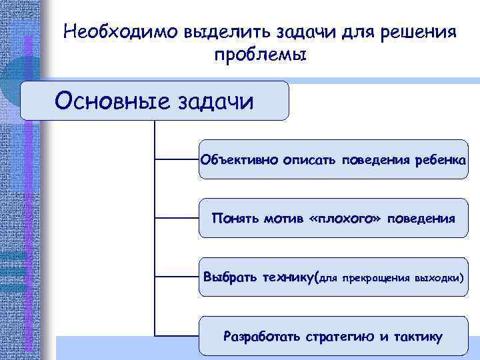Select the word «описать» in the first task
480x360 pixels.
click(310, 160)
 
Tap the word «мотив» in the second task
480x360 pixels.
click(283, 218)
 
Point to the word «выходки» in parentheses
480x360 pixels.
click(439, 277)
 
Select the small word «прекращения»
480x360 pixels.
click(377, 277)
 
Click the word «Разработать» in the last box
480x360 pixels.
click(263, 336)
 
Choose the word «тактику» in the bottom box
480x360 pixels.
click(417, 336)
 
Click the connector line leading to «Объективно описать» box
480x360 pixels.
click(177, 160)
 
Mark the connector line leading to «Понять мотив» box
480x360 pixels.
click(177, 217)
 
